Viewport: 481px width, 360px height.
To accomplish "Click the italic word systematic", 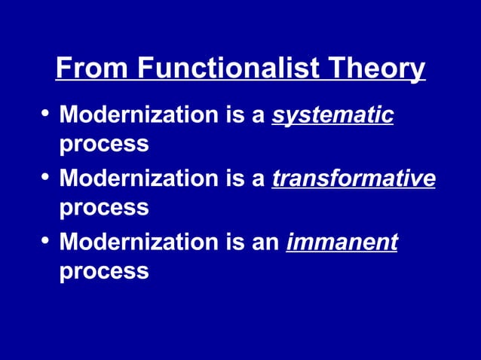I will pyautogui.click(x=332, y=116).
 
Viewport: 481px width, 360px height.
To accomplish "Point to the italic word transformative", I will pyautogui.click(x=354, y=179).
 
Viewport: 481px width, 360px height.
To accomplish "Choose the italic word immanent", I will pyautogui.click(x=342, y=243).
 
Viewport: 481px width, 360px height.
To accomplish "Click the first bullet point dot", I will pyautogui.click(x=44, y=115).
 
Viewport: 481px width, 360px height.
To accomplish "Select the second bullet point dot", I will pyautogui.click(x=44, y=178).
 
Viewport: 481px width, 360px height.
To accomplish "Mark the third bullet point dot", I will pyautogui.click(x=44, y=242).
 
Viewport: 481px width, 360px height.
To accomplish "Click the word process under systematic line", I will pyautogui.click(x=104, y=144).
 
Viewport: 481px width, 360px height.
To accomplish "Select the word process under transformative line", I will pyautogui.click(x=104, y=207).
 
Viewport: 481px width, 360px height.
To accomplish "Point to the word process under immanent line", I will pyautogui.click(x=104, y=270).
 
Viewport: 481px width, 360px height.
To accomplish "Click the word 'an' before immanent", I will pyautogui.click(x=268, y=243).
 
